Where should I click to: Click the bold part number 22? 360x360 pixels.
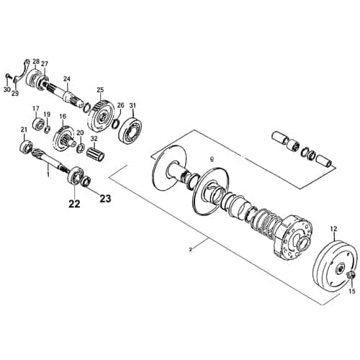pos(73,204)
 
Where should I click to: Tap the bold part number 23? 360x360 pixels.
pos(105,199)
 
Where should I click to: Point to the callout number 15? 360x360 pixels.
pos(352,292)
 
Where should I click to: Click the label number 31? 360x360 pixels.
pos(132,106)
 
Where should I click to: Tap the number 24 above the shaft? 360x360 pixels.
pos(66,79)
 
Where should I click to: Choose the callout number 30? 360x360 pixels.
pos(6,90)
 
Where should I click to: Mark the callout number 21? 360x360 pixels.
pos(23,130)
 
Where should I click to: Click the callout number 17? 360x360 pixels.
pos(34,109)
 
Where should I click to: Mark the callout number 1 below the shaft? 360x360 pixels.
pos(48,173)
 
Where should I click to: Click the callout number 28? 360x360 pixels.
pos(36,62)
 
